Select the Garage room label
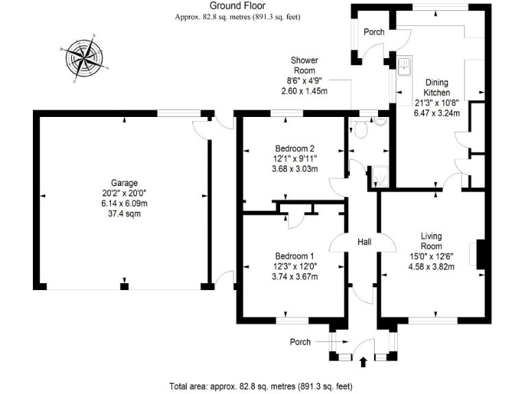[125, 183]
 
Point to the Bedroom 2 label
[295, 148]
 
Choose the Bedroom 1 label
[295, 256]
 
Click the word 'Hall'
[364, 242]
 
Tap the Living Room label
[431, 241]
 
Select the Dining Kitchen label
[436, 88]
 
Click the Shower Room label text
[304, 65]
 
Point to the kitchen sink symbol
[404, 66]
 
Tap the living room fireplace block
[481, 254]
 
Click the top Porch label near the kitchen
[374, 32]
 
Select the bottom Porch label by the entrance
[300, 342]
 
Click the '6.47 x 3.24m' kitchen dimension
[436, 114]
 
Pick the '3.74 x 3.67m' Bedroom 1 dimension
[295, 277]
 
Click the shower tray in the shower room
[380, 177]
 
